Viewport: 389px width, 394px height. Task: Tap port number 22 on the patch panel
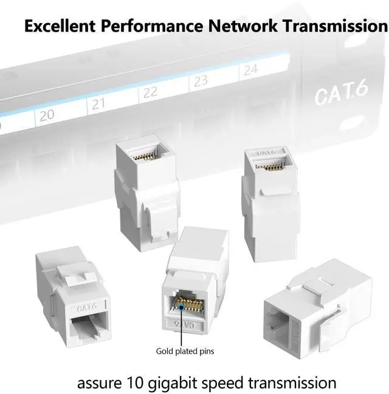tap(150, 92)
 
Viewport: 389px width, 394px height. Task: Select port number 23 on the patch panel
tap(201, 80)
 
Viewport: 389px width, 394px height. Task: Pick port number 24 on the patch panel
tap(250, 70)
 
